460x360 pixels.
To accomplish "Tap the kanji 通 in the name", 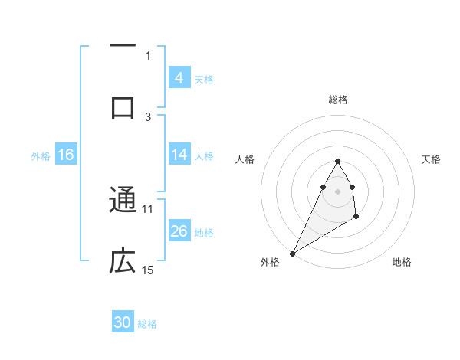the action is pos(123,201).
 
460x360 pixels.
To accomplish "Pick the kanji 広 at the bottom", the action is pos(123,261).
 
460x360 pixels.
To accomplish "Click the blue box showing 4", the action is pos(179,77).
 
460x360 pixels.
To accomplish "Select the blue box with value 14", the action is pos(179,155).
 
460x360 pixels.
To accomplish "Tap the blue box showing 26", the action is pos(179,231).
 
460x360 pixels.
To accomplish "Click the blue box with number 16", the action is pos(66,155).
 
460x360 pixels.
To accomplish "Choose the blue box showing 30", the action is pos(123,322).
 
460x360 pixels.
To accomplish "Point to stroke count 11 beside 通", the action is pos(148,208).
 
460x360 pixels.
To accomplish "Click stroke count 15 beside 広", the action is pos(148,270).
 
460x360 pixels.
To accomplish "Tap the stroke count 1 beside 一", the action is pos(148,55).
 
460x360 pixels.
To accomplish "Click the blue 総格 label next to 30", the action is pos(147,324).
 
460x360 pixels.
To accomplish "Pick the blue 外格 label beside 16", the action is pos(41,155).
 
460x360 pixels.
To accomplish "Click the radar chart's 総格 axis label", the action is pos(338,100).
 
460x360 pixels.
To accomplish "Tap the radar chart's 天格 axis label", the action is pos(432,159).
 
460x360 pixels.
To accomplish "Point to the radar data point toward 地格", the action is pos(356,217).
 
